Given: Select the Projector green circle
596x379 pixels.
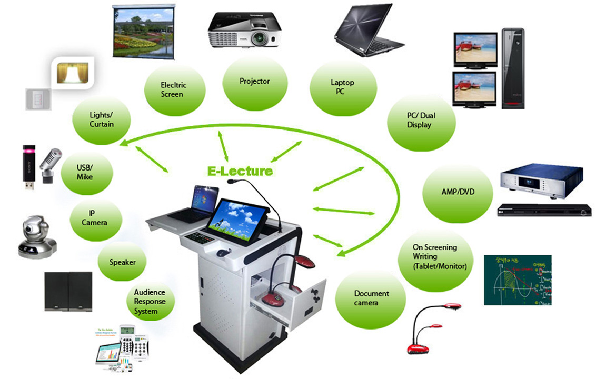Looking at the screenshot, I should (255, 82).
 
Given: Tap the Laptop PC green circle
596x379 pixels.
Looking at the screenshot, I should (343, 87).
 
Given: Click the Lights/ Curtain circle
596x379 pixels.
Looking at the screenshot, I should (102, 119).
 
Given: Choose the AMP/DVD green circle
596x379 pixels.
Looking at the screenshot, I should (458, 192).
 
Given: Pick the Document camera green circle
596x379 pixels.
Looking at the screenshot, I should (371, 298).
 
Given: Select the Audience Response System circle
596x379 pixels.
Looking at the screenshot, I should (150, 302).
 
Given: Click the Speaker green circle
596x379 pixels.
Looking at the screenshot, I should (122, 262).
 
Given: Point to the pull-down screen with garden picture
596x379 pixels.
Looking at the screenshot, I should (143, 32).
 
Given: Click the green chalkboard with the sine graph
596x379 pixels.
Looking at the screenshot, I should (518, 280).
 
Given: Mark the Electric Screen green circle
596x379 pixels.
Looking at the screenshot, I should (173, 89).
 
